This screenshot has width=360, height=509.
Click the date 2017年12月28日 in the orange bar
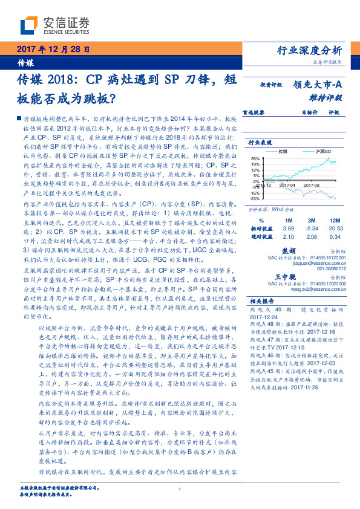click(53, 50)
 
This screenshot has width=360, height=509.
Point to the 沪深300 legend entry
click(315, 151)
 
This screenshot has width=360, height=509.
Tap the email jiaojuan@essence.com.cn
click(313, 263)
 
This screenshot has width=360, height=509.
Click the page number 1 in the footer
click(180, 489)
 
